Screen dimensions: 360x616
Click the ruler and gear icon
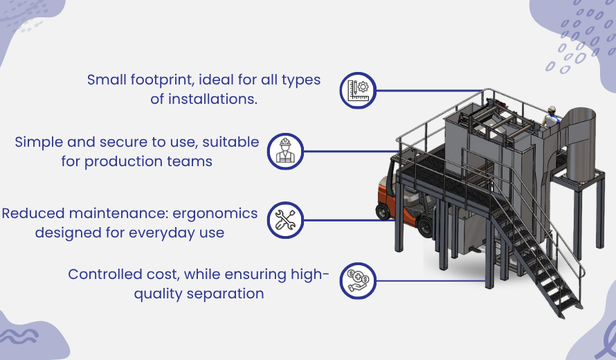click(358, 90)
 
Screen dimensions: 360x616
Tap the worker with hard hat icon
click(284, 151)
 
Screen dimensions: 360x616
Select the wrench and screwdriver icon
click(284, 219)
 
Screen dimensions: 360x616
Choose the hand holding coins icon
click(358, 282)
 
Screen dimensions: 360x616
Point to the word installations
click(203, 99)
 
